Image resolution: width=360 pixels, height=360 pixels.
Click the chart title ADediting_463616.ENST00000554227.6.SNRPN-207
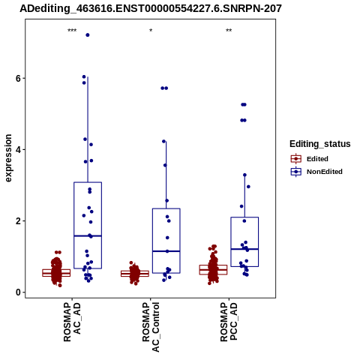point(151,9)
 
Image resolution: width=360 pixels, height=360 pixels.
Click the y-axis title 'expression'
point(8,158)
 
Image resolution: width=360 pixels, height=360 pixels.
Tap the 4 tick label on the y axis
point(18,150)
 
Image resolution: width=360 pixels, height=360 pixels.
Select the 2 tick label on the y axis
point(18,221)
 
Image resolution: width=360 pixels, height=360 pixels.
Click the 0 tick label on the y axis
point(18,292)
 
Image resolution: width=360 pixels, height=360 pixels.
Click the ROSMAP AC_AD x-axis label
point(73,322)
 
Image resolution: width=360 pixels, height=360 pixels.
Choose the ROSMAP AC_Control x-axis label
point(151,327)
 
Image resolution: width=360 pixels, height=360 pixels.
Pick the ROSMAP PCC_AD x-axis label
point(229,322)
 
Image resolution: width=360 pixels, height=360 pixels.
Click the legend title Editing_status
point(320,144)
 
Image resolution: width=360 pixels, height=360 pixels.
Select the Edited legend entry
point(310,159)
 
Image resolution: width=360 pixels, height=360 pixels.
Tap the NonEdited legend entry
point(316,172)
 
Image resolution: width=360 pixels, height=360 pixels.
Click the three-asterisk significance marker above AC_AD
point(72,31)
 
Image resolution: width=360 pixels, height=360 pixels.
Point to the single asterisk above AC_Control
point(151,31)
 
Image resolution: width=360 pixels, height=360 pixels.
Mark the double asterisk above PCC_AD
point(229,31)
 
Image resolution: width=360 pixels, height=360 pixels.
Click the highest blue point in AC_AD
point(88,35)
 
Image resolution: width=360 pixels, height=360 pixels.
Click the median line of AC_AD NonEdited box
point(88,235)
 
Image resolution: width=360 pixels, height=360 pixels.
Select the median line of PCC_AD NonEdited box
point(244,249)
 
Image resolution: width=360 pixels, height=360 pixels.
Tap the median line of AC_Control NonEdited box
point(166,251)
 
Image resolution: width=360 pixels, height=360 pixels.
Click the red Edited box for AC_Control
point(135,274)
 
